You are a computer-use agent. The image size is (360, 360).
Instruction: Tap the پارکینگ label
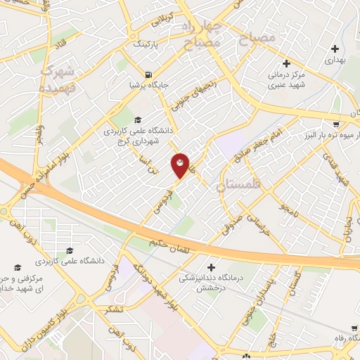pos(148,44)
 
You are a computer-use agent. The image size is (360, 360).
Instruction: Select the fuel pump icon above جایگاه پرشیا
pos(148,75)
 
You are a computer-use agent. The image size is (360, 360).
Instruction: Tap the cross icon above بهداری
pos(335,49)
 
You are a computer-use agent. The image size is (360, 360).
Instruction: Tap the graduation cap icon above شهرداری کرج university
pos(138,120)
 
